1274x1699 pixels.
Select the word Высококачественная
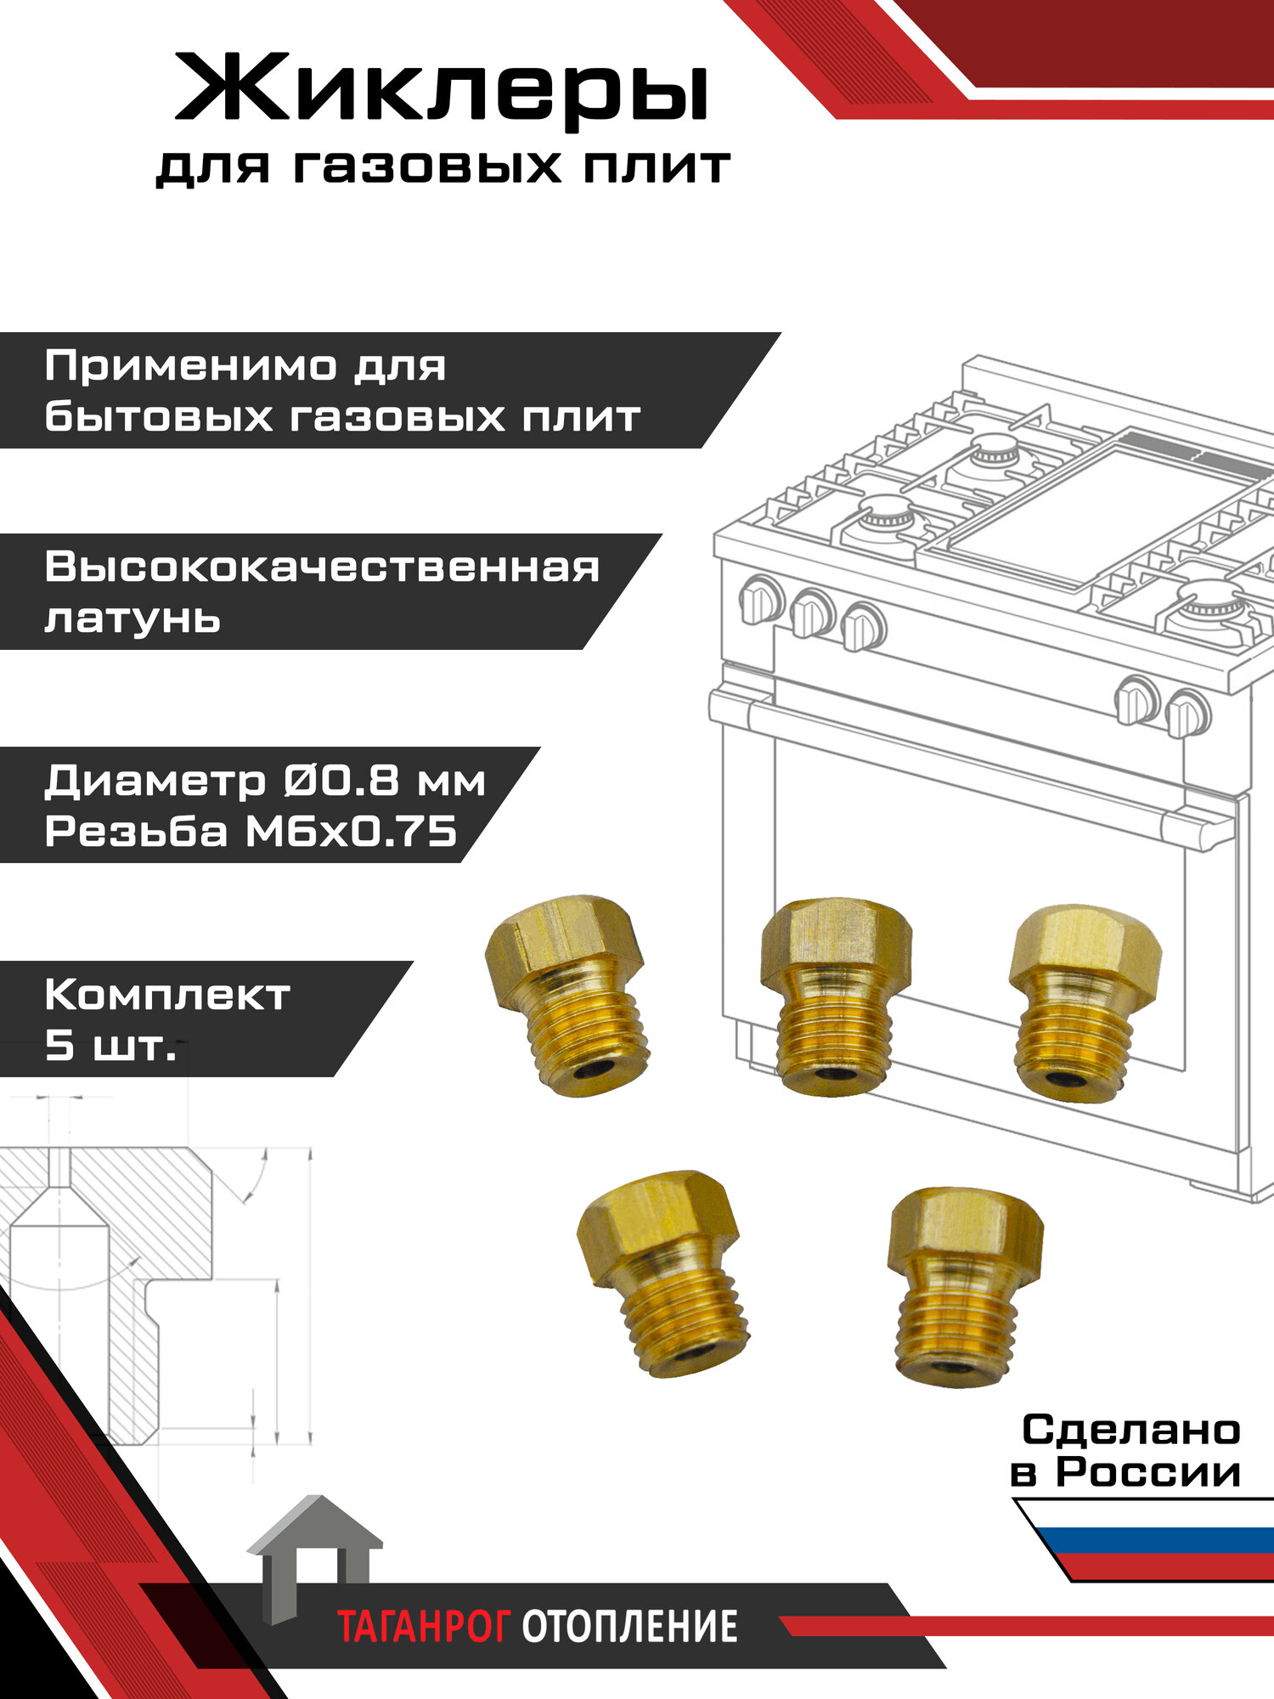point(322,567)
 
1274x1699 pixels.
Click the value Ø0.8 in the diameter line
point(341,780)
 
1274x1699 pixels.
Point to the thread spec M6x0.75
point(351,831)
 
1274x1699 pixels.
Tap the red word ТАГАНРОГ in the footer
point(424,1627)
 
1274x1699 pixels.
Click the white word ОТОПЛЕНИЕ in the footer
point(629,1627)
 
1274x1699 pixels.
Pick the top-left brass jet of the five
point(567,994)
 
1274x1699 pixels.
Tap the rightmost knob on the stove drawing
point(1187,713)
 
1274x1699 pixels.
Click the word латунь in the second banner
point(132,618)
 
